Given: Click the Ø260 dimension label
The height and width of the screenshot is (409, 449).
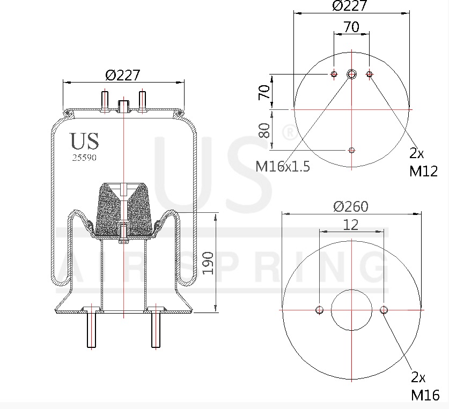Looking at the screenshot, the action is click(x=351, y=206).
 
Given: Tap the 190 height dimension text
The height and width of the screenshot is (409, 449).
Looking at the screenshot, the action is click(x=208, y=263).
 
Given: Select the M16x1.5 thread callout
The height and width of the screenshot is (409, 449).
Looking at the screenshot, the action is click(x=283, y=166).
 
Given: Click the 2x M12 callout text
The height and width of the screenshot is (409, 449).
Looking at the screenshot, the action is click(x=423, y=162).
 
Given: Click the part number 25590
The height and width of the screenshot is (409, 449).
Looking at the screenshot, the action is click(x=84, y=158).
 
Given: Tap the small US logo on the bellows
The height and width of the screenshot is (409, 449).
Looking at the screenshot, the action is click(x=84, y=141).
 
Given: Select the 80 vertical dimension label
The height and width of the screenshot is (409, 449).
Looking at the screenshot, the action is click(x=264, y=130).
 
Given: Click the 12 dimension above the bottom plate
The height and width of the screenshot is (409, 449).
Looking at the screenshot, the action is click(x=351, y=225).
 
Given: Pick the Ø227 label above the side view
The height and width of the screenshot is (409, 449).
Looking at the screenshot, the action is click(x=123, y=75).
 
